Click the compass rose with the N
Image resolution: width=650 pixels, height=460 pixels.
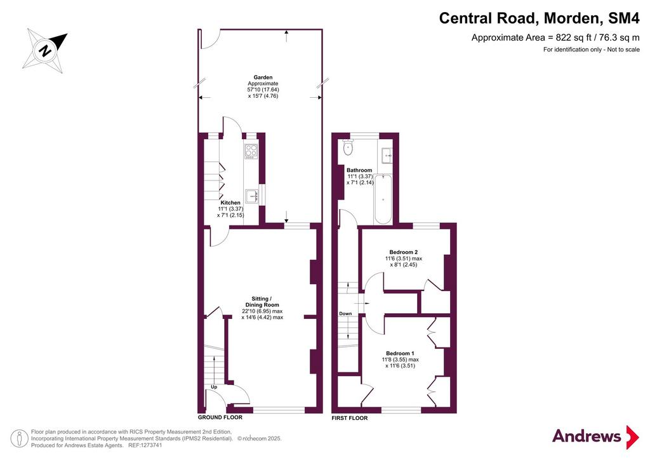[45, 51]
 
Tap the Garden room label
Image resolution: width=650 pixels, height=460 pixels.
[263, 77]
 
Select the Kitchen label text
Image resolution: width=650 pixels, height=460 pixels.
[230, 203]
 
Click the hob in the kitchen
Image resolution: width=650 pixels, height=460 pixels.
[251, 151]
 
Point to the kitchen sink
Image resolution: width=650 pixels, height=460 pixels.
[252, 196]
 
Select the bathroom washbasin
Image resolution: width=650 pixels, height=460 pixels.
[387, 156]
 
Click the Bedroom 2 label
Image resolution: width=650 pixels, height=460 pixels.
[403, 252]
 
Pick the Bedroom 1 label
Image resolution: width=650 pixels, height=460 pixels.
[400, 353]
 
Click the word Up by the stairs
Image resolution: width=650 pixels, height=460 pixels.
[214, 387]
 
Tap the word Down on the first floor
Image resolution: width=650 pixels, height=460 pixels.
[345, 314]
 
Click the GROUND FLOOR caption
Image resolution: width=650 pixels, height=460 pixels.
[220, 417]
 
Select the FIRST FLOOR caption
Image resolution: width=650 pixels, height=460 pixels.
[350, 418]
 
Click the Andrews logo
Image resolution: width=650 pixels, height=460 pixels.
[595, 436]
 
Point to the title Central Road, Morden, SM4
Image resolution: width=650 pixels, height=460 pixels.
[540, 18]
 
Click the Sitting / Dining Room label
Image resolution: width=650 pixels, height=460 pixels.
[262, 302]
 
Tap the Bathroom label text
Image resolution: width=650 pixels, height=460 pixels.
[359, 170]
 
